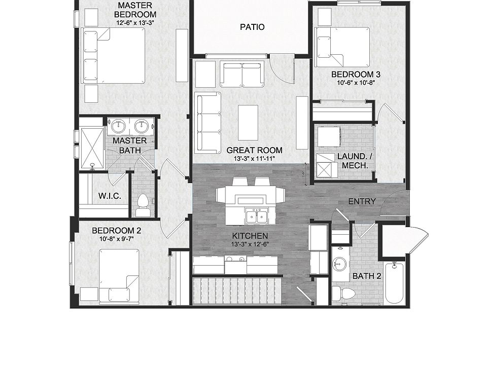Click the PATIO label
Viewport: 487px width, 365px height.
[x=252, y=27]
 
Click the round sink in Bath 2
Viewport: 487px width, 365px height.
[x=340, y=264]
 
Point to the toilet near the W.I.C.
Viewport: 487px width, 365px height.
[x=143, y=203]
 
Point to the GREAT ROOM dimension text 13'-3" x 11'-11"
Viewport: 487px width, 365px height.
[x=254, y=159]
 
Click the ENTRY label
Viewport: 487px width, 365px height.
[x=362, y=202]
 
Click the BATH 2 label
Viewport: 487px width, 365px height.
[x=366, y=276]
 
